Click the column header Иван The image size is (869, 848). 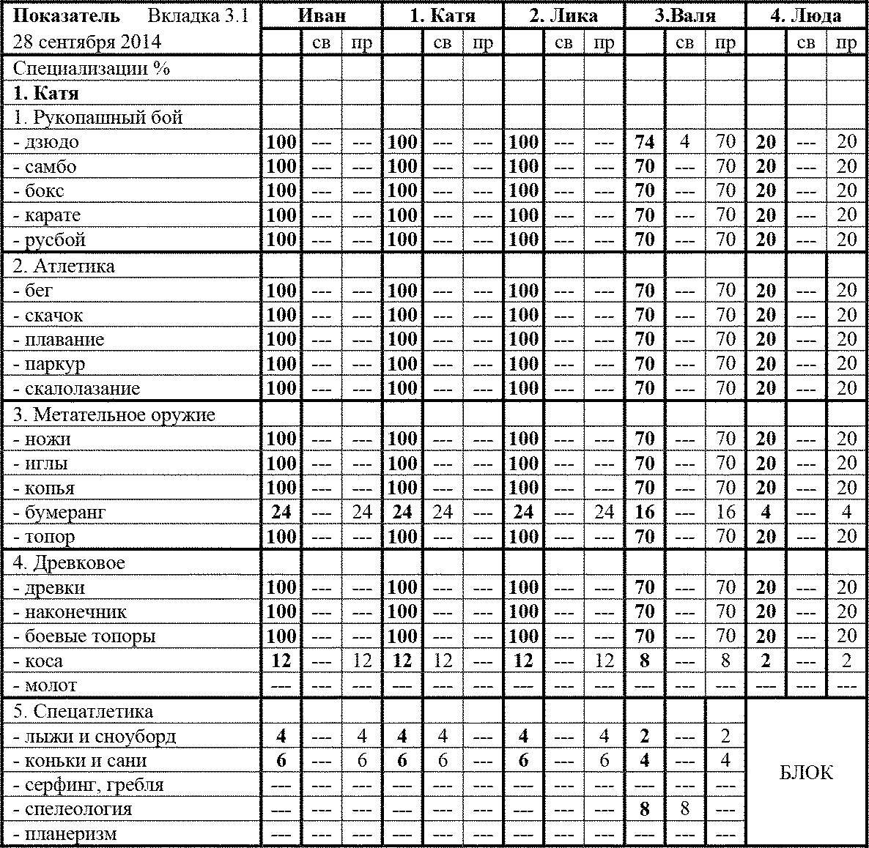coord(322,16)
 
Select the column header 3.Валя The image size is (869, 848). coord(684,16)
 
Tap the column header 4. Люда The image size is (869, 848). coord(806,16)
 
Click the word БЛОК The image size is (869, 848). coord(806,773)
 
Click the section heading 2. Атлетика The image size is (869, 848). coord(64,267)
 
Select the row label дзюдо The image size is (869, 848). coord(46,142)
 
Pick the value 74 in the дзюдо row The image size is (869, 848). coord(644,142)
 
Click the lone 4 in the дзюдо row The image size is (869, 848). coord(684,142)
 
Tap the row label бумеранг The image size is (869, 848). coord(59,513)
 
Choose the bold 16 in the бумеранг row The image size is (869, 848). coord(644,513)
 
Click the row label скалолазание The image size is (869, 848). coord(77,389)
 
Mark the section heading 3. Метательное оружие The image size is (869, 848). coord(114,415)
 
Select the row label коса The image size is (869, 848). coord(38,661)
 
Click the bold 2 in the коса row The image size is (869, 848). coord(766,661)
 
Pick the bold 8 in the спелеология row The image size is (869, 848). coord(644,810)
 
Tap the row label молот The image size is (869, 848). coord(45,686)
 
